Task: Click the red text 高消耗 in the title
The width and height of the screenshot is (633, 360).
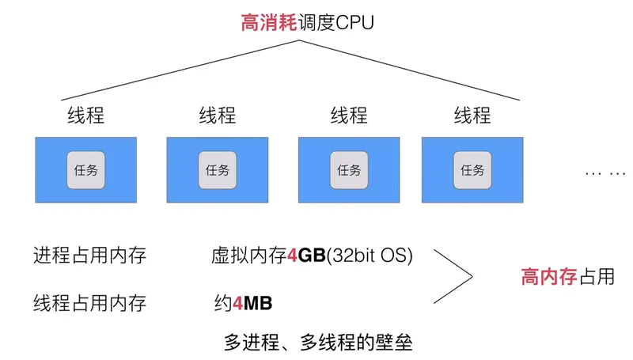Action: pos(270,22)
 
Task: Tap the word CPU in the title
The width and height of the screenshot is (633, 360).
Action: pos(354,22)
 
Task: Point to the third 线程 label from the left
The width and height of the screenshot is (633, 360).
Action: pos(348,116)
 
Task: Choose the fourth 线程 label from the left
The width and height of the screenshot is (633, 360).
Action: pos(472,116)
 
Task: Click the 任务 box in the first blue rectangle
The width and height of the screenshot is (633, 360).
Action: pos(85,169)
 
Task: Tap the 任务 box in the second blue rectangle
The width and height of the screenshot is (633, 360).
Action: pos(217,169)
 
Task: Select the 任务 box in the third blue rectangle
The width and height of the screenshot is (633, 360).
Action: pos(348,169)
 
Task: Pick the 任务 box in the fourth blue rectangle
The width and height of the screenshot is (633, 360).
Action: pos(472,169)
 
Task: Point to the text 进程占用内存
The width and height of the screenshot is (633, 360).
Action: pos(89,256)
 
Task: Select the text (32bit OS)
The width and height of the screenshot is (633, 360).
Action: pos(370,256)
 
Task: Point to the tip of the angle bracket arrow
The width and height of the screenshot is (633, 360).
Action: pos(472,277)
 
